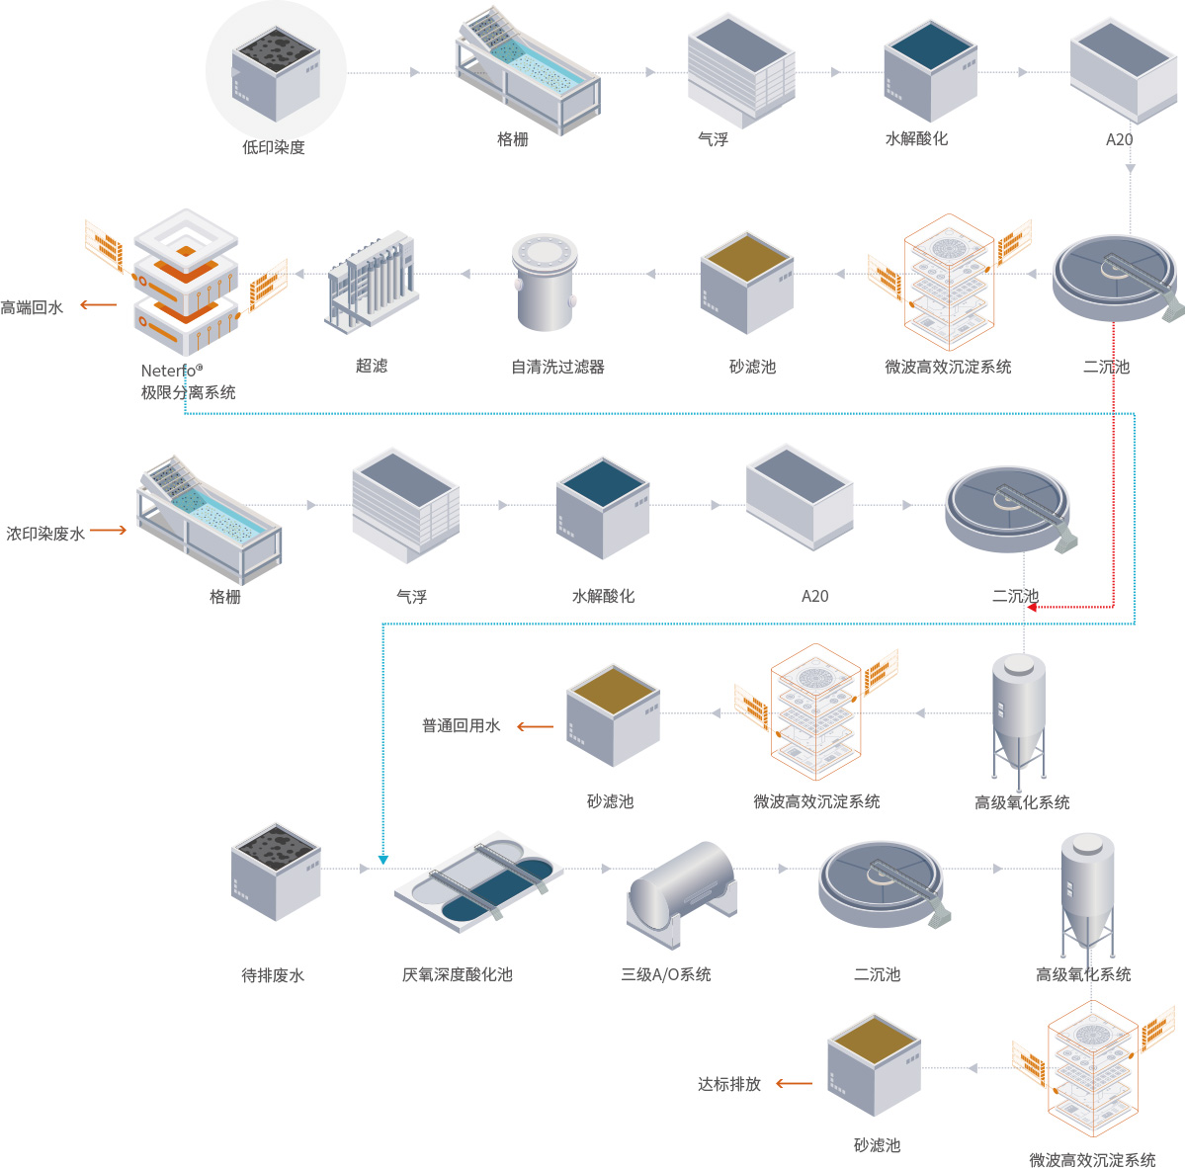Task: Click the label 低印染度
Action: click(x=274, y=147)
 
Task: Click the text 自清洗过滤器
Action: click(x=557, y=367)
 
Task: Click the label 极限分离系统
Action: click(x=188, y=392)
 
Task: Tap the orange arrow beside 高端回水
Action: click(x=99, y=305)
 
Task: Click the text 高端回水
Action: click(x=32, y=307)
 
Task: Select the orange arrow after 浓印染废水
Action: click(x=109, y=531)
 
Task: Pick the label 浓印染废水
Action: click(x=45, y=534)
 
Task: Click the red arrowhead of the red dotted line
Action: click(x=1032, y=607)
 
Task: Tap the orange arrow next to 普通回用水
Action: click(x=535, y=727)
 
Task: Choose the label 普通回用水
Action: click(x=461, y=726)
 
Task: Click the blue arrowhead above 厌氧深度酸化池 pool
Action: click(x=383, y=860)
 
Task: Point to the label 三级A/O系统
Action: click(x=665, y=974)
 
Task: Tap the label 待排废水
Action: click(x=273, y=975)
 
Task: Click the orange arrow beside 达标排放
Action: click(x=794, y=1084)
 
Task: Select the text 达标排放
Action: click(x=728, y=1084)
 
